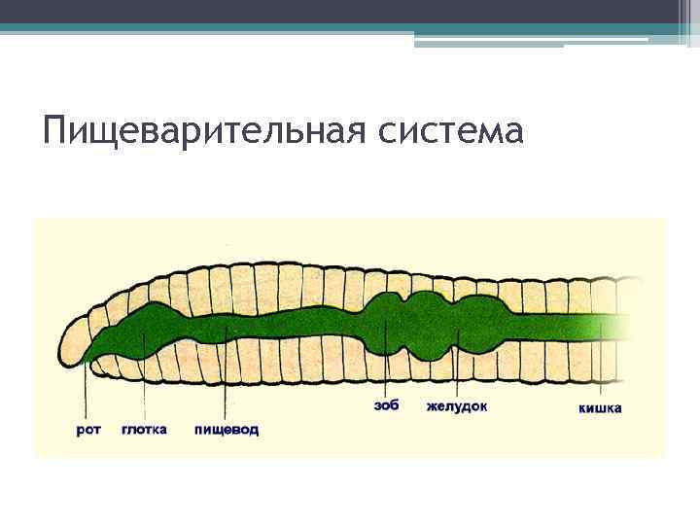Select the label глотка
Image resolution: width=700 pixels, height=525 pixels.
pos(144,429)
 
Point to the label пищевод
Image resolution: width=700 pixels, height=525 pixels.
pos(227,429)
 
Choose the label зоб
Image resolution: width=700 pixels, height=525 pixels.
pos(386,405)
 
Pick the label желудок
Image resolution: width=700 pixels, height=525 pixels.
pos(456,405)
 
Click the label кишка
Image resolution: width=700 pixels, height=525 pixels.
pos(600,408)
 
